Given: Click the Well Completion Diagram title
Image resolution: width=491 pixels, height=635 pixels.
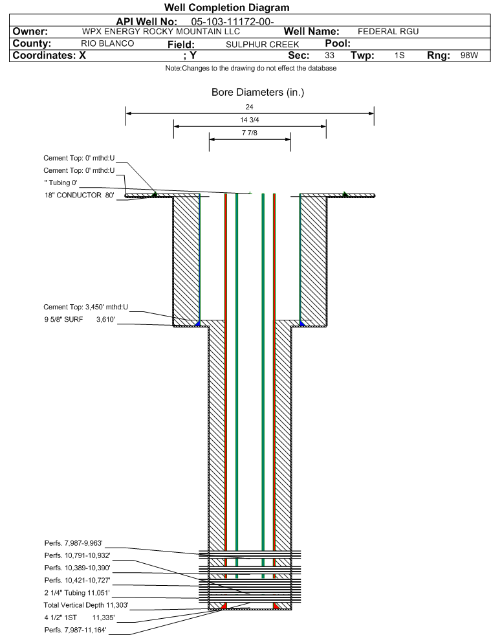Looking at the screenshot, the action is tap(226, 7).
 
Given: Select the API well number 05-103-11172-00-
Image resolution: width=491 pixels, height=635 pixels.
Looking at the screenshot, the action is tap(232, 22).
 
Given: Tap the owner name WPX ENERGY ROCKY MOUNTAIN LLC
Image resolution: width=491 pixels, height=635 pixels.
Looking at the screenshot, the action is tap(161, 32).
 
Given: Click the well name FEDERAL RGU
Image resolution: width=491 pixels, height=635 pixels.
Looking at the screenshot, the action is tap(388, 32).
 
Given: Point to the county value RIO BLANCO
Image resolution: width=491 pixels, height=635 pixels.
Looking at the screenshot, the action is tap(107, 44).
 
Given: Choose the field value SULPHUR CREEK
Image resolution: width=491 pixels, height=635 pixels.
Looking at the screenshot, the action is tap(262, 45).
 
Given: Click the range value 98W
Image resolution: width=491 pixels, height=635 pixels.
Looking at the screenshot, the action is tap(469, 55).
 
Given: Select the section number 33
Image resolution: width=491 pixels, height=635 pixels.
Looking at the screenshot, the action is tap(329, 55).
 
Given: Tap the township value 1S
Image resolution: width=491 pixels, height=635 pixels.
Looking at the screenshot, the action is tap(400, 55).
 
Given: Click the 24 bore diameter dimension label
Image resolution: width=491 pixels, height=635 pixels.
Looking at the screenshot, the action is tap(249, 107).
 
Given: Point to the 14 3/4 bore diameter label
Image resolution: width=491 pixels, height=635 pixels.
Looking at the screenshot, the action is tap(249, 120).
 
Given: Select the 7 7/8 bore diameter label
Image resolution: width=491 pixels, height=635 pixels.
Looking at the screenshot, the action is tap(249, 133).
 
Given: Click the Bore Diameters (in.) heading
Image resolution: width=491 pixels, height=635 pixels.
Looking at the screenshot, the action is tap(258, 93).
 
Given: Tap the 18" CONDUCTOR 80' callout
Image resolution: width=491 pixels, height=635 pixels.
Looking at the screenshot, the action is tap(80, 195).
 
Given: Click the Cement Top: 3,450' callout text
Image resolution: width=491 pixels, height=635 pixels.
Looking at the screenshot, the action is tap(86, 307).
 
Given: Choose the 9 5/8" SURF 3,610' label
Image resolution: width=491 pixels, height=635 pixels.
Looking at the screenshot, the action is tap(80, 320).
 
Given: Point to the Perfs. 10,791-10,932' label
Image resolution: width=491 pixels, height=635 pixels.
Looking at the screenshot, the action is tap(78, 555).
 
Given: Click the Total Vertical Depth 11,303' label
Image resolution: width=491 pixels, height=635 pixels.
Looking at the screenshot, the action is tap(86, 605).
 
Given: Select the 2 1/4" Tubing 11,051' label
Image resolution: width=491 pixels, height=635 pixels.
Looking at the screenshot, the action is tap(77, 593).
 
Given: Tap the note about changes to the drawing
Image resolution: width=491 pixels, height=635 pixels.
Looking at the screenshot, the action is tap(250, 68).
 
